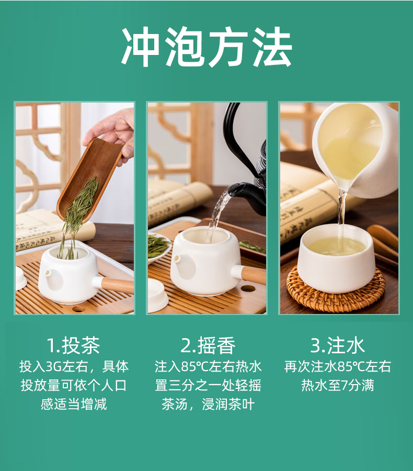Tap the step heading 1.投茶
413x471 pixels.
pyautogui.click(x=74, y=345)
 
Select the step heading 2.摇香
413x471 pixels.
pyautogui.click(x=208, y=345)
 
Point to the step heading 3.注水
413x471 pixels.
pyautogui.click(x=338, y=345)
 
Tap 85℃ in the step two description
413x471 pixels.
pyautogui.click(x=195, y=367)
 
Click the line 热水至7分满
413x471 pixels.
pyautogui.click(x=338, y=385)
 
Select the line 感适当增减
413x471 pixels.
pyautogui.click(x=74, y=404)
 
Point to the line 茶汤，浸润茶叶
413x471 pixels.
pyautogui.click(x=208, y=404)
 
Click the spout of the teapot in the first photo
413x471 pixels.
pyautogui.click(x=48, y=273)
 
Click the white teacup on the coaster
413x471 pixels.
pyautogui.click(x=336, y=259)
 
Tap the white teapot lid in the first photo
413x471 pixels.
pyautogui.click(x=21, y=278)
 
